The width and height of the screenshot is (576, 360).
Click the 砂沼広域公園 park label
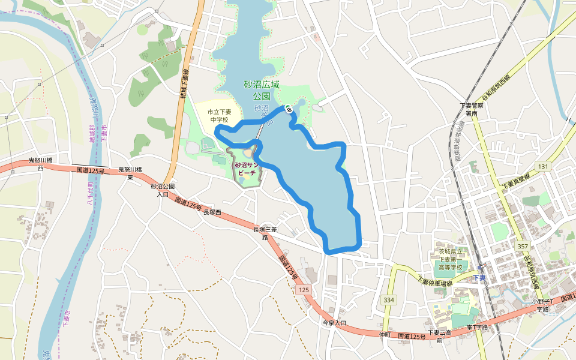[x=262, y=90]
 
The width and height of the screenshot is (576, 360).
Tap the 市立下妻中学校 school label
[x=220, y=116]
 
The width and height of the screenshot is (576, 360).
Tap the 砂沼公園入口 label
[x=163, y=190]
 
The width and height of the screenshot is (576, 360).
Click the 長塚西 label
[x=212, y=212]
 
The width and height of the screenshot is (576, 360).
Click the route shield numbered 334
[x=389, y=299]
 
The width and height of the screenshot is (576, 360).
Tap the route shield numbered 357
[x=522, y=247]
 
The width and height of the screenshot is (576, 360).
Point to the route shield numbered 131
[x=543, y=166]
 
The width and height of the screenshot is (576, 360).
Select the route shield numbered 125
[x=304, y=290]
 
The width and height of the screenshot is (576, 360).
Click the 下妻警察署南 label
[x=472, y=109]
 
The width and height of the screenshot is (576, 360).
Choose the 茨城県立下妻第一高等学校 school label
[x=449, y=259]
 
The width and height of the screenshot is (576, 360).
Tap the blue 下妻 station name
[x=479, y=277]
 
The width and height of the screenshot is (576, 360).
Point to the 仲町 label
[x=385, y=334]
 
